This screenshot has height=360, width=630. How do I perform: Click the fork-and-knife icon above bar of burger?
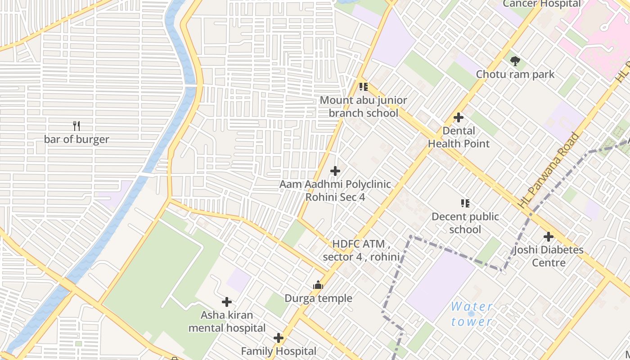[76, 126]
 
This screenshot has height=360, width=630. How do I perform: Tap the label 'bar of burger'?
[76, 139]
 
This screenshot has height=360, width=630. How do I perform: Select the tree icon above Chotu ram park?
[515, 61]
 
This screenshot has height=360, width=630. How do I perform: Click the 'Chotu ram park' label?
[515, 74]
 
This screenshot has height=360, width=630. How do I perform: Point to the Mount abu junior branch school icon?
[363, 87]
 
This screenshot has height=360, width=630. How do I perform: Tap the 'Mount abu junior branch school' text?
[363, 107]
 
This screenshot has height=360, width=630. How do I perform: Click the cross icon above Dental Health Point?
[459, 117]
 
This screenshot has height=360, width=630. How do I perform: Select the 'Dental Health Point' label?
[459, 137]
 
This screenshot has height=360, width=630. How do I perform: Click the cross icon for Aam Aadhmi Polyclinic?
[335, 171]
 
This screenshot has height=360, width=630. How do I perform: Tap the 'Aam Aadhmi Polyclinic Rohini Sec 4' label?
[335, 191]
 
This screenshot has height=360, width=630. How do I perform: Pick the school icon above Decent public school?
[465, 203]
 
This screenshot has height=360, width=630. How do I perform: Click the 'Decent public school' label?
[465, 223]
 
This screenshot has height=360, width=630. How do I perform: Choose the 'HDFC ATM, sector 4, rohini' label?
[361, 251]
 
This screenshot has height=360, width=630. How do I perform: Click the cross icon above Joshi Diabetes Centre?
[549, 237]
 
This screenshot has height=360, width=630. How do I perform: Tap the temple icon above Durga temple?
[318, 285]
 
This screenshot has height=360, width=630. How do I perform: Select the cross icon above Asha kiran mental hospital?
[227, 302]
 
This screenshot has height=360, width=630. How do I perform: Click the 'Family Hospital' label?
[279, 351]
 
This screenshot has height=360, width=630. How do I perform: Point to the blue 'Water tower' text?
[472, 314]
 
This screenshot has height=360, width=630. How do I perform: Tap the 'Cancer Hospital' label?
[541, 4]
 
